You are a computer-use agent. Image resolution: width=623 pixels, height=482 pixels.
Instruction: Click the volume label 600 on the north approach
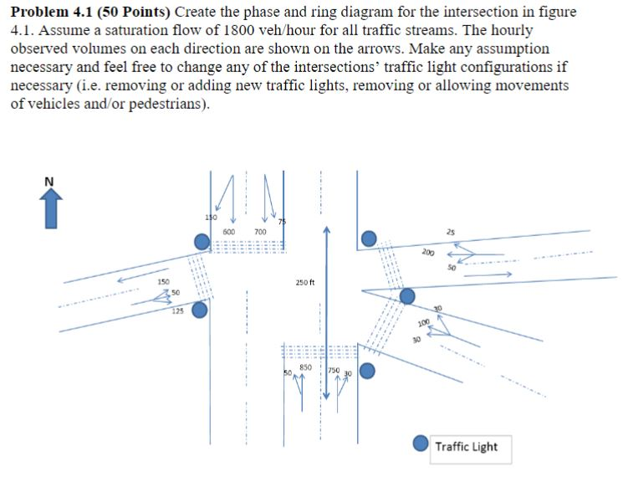coord(229,232)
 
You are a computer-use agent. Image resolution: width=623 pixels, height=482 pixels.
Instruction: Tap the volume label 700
coord(260,232)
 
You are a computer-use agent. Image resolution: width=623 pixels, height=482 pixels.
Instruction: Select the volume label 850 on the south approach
coord(305,367)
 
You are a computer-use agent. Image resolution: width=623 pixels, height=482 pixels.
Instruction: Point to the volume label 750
coord(334,370)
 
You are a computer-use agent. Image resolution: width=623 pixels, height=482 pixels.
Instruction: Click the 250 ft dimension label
coord(304,282)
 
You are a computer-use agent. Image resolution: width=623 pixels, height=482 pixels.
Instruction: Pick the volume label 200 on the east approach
coord(428,252)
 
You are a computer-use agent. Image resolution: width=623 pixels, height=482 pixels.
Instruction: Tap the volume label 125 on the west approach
coord(177,311)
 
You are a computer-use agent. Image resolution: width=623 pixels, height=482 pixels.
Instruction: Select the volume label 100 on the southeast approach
coord(424,323)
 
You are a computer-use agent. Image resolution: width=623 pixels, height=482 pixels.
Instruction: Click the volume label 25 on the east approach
coord(451,232)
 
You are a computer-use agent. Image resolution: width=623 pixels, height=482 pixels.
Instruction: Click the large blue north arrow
coord(51,208)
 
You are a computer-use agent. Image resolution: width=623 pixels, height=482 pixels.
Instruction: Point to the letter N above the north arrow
coord(49,182)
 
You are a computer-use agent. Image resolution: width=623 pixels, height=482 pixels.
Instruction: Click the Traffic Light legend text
coord(466,447)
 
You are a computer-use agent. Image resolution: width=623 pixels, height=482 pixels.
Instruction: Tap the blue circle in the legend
coord(421,443)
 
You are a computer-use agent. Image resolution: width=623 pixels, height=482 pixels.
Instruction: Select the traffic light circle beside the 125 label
coord(200,310)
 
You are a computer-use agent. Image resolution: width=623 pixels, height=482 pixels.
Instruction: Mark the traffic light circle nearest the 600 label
coord(202,242)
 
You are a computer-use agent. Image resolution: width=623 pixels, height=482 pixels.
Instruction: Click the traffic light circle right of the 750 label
coord(367,371)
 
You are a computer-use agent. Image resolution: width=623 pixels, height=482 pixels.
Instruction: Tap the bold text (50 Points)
coord(134,12)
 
